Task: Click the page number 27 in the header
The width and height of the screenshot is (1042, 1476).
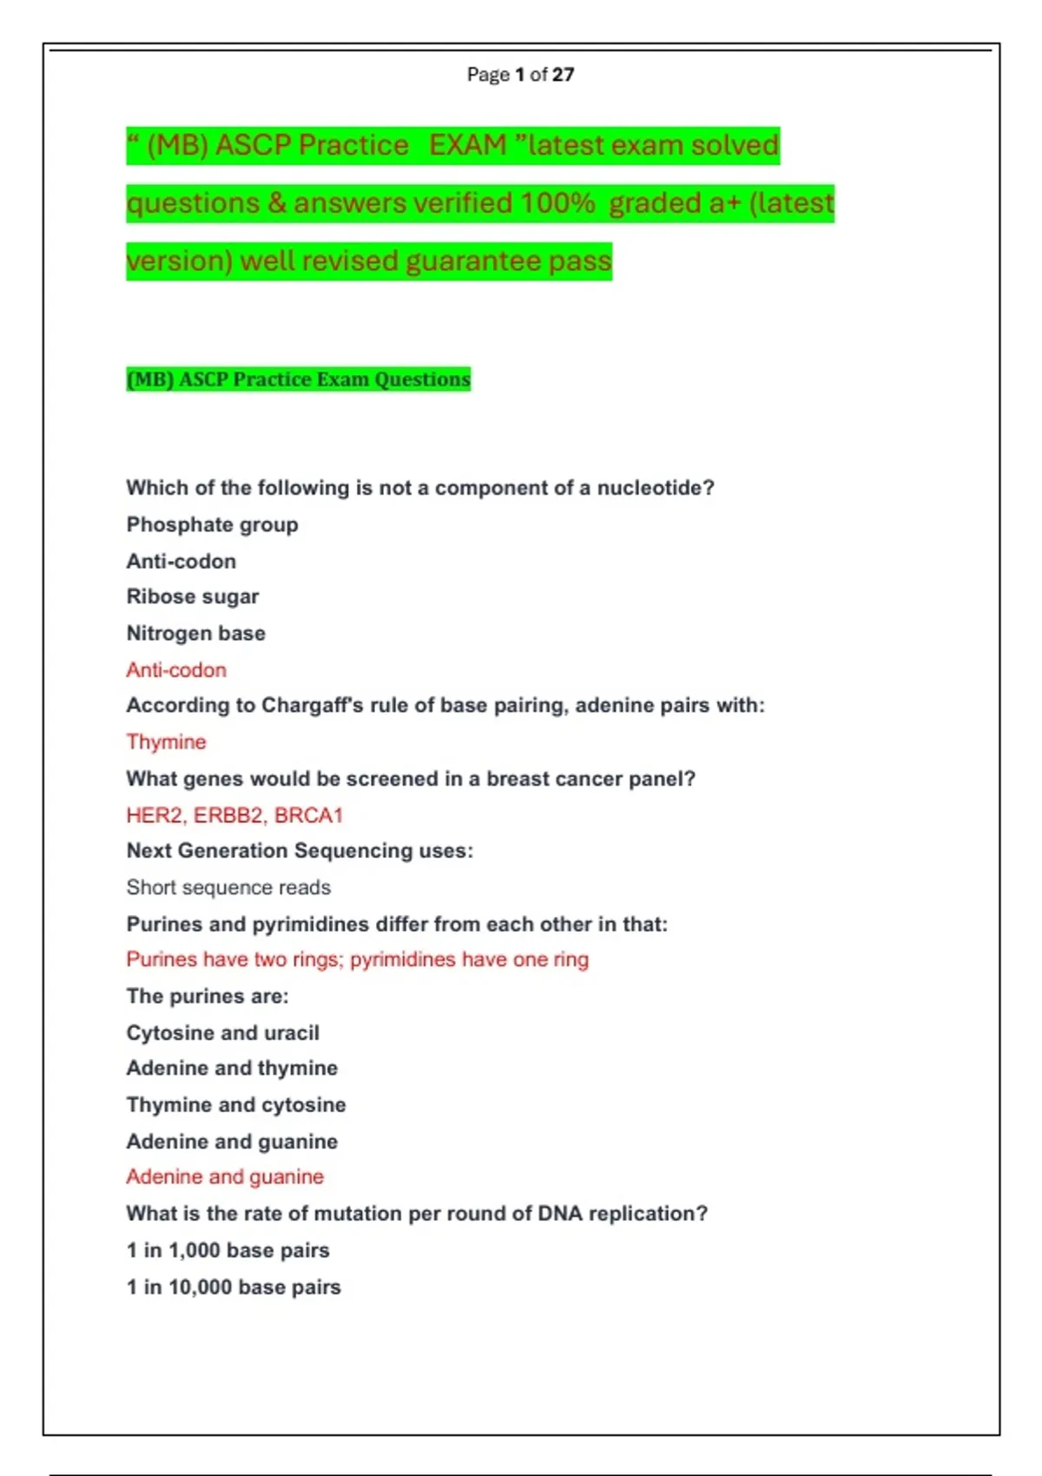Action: coord(563,75)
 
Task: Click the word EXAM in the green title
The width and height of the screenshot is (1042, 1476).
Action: coord(467,145)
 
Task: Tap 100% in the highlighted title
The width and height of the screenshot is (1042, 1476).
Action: coord(557,203)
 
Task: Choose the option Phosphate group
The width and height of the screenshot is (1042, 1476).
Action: coord(212,524)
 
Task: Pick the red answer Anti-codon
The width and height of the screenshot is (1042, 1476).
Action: coord(176,670)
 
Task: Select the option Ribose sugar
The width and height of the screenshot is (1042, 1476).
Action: coord(193,596)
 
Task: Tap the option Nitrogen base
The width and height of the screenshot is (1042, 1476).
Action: coord(196,634)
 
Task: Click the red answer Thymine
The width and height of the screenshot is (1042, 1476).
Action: coord(167,742)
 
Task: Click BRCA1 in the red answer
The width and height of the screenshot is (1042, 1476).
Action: coord(309,815)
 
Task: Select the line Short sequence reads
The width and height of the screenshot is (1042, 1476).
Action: coord(228,887)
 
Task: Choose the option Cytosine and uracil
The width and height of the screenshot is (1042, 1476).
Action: coord(223,1032)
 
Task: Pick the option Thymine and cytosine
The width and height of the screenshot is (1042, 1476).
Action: coord(236,1104)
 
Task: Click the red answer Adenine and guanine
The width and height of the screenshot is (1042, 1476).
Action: coord(225,1176)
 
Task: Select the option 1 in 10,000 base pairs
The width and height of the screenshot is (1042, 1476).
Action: coord(234,1287)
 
